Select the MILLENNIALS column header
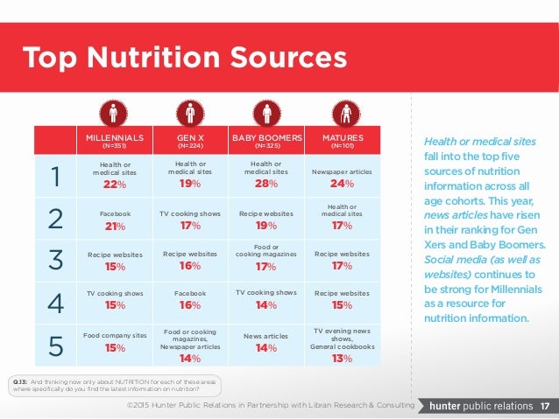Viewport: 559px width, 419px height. (114, 138)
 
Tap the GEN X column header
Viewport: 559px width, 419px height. (190, 138)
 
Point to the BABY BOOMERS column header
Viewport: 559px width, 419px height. (266, 138)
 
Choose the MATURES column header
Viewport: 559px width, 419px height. (343, 138)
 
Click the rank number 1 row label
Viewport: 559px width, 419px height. (55, 177)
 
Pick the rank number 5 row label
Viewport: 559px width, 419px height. (55, 347)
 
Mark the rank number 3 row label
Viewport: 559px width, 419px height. (55, 261)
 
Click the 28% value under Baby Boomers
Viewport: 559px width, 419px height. (266, 185)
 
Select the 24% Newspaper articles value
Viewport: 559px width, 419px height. (343, 185)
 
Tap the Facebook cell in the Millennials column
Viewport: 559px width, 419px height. (114, 213)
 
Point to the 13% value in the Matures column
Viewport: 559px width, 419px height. (343, 358)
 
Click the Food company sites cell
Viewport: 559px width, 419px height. (114, 335)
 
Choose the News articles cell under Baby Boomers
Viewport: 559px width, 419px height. (266, 335)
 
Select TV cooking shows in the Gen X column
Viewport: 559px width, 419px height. (190, 213)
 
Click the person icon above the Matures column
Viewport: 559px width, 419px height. (343, 113)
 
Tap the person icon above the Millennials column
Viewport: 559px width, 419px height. (114, 113)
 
